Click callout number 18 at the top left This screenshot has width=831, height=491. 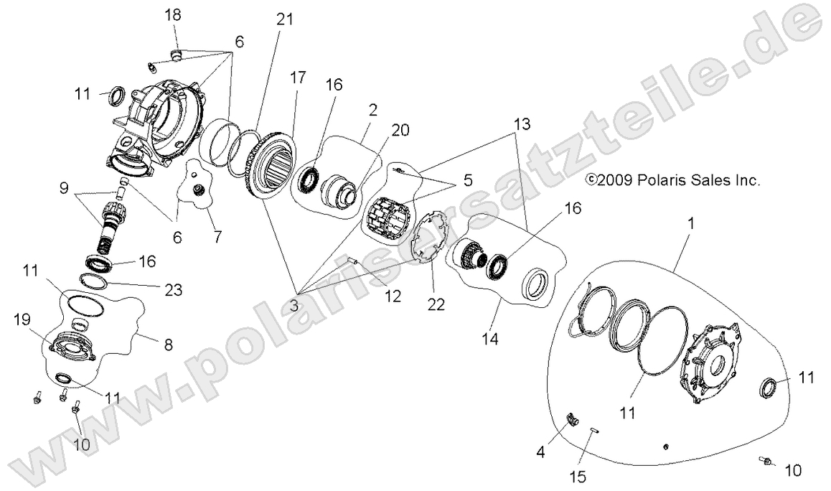click(x=173, y=14)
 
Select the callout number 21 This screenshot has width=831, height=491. click(x=286, y=20)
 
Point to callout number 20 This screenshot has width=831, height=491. click(x=380, y=130)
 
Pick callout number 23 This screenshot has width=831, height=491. click(x=172, y=290)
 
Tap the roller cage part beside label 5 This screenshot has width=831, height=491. click(x=387, y=208)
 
